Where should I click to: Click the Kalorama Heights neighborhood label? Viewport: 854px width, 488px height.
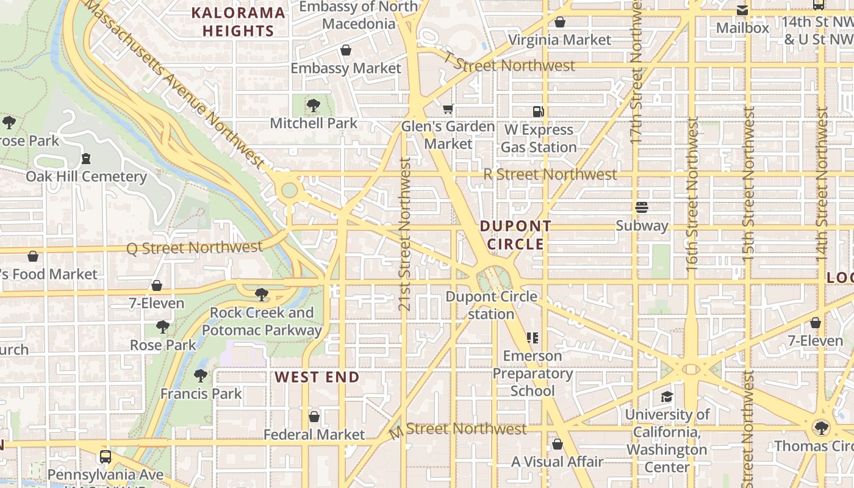(x=238, y=21)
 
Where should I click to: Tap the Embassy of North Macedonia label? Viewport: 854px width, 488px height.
(x=359, y=15)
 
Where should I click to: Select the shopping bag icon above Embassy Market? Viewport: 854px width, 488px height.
(x=346, y=50)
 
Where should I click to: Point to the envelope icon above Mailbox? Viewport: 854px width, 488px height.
(x=742, y=10)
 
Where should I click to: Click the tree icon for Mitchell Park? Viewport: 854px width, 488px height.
(x=314, y=106)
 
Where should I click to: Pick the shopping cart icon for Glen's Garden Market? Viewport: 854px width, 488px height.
(x=448, y=109)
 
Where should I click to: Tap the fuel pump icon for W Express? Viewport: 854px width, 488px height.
(x=538, y=112)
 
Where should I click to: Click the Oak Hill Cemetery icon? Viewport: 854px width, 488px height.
(x=86, y=159)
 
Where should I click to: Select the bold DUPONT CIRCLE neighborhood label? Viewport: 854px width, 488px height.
(x=515, y=235)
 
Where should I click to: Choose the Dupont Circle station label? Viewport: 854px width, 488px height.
(x=492, y=305)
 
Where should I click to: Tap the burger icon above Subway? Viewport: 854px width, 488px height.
(x=641, y=207)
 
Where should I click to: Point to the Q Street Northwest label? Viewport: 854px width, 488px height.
(x=194, y=248)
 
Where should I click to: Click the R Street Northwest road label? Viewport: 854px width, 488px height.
(x=550, y=174)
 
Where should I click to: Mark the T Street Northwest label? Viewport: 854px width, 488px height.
(x=509, y=63)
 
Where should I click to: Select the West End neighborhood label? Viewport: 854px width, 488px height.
(x=317, y=377)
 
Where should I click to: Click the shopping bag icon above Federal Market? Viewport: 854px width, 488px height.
(x=314, y=417)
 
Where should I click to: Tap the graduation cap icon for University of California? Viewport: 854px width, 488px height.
(x=667, y=397)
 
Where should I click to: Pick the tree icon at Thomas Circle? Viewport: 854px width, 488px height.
(x=821, y=428)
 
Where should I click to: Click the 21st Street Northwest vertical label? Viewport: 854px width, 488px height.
(x=404, y=234)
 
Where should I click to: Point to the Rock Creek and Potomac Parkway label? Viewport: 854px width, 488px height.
(x=262, y=321)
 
